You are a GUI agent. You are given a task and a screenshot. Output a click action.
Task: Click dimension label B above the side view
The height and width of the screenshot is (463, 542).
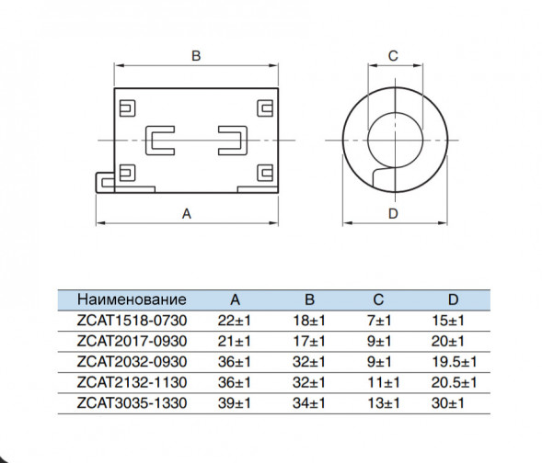point(196,56)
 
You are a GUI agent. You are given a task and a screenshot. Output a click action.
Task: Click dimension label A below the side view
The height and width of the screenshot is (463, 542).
point(186,214)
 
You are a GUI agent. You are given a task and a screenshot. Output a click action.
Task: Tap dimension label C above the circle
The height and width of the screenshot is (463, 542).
point(393,56)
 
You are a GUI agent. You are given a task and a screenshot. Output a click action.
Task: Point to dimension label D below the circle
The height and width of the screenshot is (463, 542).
point(393,214)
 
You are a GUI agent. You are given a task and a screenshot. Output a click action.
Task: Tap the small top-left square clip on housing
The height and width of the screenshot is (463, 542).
point(127,108)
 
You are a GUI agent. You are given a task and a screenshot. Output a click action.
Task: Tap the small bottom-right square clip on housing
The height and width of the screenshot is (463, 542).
point(265,173)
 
